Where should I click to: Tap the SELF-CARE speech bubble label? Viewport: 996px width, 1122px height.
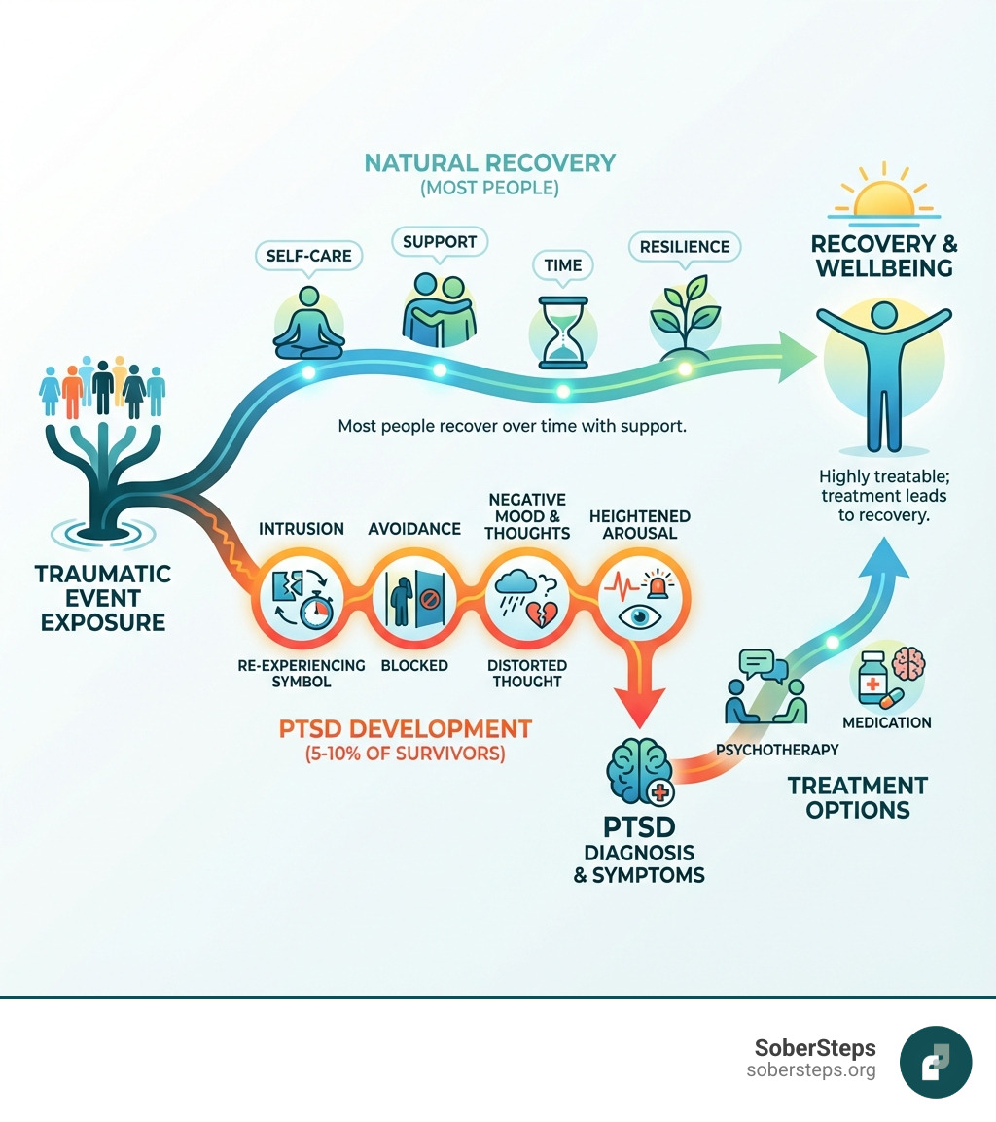pos(309,256)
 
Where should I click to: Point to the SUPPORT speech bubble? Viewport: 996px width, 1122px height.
pos(439,240)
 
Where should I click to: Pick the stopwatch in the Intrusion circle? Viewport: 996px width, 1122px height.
pos(315,612)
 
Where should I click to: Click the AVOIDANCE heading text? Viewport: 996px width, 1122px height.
pos(414,529)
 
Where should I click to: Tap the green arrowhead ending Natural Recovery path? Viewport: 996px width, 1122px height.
pos(800,354)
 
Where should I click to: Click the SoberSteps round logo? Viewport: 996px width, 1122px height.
pos(936,1062)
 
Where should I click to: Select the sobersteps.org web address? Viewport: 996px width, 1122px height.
pos(811,1070)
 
